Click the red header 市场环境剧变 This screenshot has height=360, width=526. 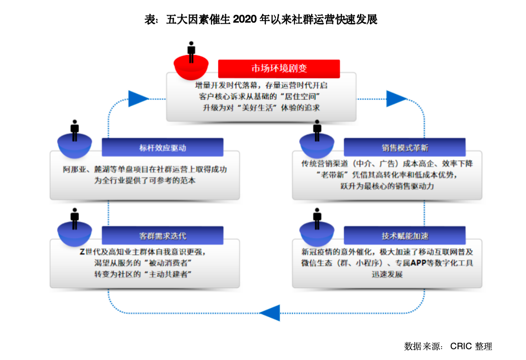tap(279, 69)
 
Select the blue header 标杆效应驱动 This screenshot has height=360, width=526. tap(162, 147)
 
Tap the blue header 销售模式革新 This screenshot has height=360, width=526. tap(405, 147)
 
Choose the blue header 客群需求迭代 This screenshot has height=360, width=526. tap(162, 236)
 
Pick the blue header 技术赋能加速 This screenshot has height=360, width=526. tap(405, 236)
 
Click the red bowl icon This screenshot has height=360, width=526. tap(191, 67)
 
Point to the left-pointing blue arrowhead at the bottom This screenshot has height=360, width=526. tap(270, 313)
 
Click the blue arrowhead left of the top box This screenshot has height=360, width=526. tap(139, 99)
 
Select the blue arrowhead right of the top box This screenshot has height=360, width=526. tap(397, 99)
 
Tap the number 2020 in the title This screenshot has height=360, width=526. tap(245, 20)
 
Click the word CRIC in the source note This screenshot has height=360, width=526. tap(461, 346)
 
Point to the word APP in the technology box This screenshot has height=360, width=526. tap(418, 263)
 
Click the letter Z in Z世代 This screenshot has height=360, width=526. tap(82, 252)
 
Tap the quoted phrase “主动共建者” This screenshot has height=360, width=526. tap(168, 274)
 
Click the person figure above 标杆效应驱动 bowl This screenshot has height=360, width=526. tap(74, 130)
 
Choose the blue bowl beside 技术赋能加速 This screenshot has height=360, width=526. tap(317, 233)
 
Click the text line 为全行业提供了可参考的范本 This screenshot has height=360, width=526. tap(145, 180)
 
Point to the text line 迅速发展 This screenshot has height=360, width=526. tap(387, 274)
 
